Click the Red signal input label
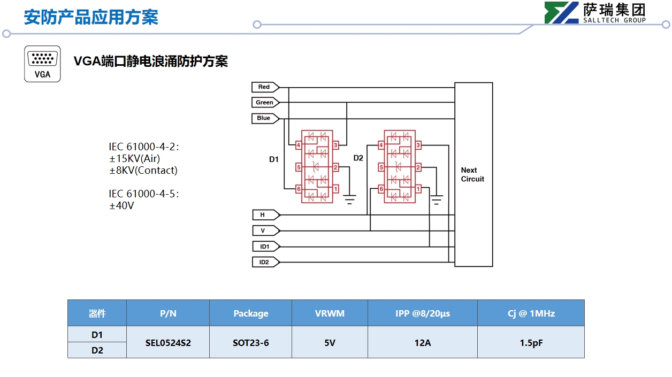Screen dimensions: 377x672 click(x=264, y=87)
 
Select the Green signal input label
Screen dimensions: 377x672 click(x=264, y=103)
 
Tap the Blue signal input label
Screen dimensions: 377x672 click(x=264, y=118)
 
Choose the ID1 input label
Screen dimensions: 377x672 click(x=264, y=247)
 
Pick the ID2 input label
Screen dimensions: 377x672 click(x=264, y=263)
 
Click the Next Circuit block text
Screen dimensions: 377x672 click(x=472, y=175)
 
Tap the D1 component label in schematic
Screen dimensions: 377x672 click(x=274, y=159)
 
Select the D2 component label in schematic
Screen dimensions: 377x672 click(x=358, y=158)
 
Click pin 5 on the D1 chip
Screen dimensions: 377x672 click(x=299, y=167)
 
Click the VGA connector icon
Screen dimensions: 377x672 click(x=42, y=64)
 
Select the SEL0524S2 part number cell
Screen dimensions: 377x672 click(x=168, y=343)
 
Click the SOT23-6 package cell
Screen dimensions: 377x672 click(x=250, y=343)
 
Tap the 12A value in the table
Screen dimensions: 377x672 click(x=422, y=343)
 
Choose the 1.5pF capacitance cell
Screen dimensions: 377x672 click(x=531, y=343)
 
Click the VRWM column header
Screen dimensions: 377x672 click(x=330, y=313)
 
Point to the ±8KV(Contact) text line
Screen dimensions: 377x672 click(x=143, y=171)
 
